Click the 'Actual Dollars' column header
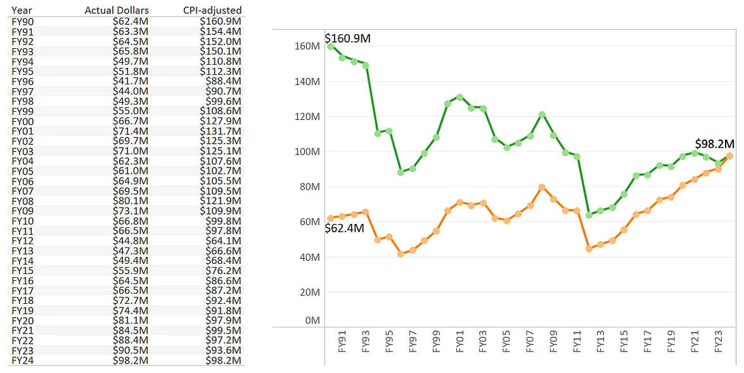[x=117, y=11]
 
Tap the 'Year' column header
[x=22, y=11]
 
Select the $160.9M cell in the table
[x=221, y=21]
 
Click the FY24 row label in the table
[x=22, y=361]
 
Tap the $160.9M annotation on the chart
[x=347, y=39]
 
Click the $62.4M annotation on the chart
[x=344, y=228]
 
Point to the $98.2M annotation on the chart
[x=714, y=144]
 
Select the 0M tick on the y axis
[x=312, y=321]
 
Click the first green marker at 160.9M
[x=330, y=46]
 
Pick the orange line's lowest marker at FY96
[x=401, y=254]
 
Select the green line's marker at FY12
[x=589, y=215]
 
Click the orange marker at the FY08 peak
[x=542, y=187]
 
